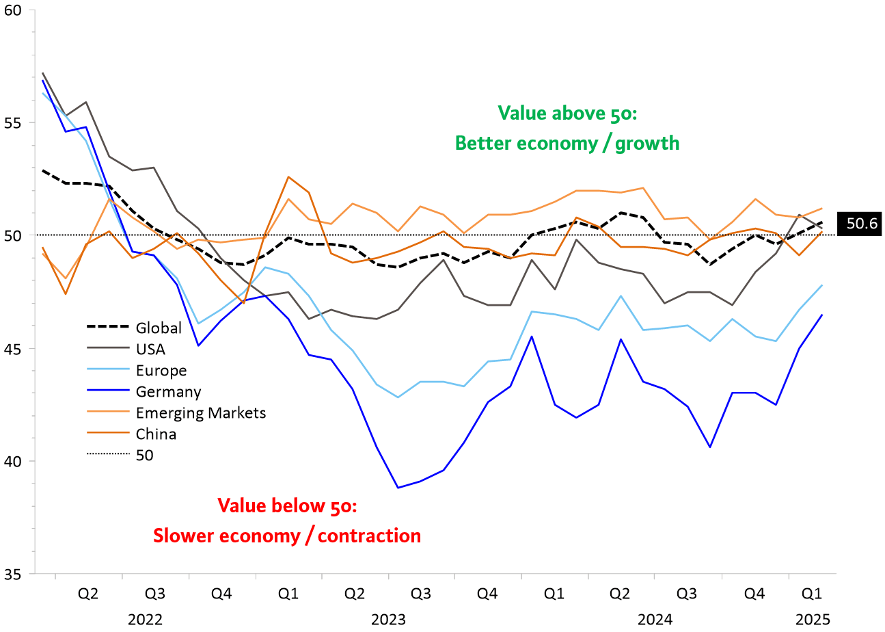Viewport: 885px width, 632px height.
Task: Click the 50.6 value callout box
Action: (x=862, y=223)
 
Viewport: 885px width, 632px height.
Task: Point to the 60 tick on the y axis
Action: (x=14, y=10)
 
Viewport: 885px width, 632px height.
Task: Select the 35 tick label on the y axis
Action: (x=14, y=574)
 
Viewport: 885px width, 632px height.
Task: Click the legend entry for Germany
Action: (x=169, y=392)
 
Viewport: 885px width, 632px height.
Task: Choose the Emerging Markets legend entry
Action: (x=201, y=413)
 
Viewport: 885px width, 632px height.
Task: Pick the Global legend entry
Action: (x=159, y=328)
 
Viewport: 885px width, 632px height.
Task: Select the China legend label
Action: (x=156, y=434)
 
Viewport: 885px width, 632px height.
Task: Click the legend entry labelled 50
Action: (x=146, y=456)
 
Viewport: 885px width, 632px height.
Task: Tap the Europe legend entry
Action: (x=161, y=371)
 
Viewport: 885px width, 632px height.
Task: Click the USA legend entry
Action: (x=151, y=350)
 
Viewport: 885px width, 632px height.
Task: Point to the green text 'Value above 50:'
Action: (x=567, y=112)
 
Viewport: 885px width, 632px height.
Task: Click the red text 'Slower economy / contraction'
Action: (x=287, y=536)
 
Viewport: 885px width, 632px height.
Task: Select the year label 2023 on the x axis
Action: (x=388, y=620)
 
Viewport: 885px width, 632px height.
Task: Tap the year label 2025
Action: (x=813, y=620)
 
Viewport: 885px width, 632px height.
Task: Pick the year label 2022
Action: (x=145, y=620)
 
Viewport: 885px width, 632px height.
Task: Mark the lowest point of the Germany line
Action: (x=398, y=488)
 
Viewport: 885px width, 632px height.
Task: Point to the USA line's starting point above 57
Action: (x=43, y=73)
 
